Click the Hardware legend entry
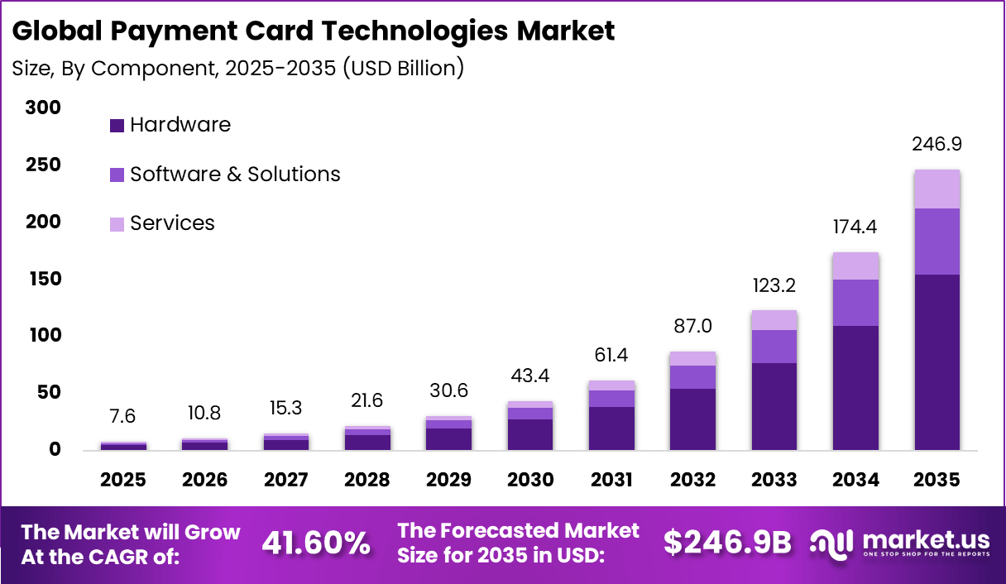[170, 125]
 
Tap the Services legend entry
[162, 223]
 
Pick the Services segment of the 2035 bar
[937, 189]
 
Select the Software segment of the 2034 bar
[855, 303]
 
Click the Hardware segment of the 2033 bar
[774, 406]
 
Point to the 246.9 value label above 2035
[937, 145]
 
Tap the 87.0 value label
[693, 326]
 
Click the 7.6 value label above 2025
[123, 415]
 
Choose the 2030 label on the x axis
[530, 481]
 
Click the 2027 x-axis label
[286, 481]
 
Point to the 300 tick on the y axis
[43, 108]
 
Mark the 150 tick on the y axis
[43, 279]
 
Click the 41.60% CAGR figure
[315, 543]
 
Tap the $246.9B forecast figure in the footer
[727, 543]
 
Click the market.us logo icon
[831, 543]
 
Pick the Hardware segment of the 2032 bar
[693, 419]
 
